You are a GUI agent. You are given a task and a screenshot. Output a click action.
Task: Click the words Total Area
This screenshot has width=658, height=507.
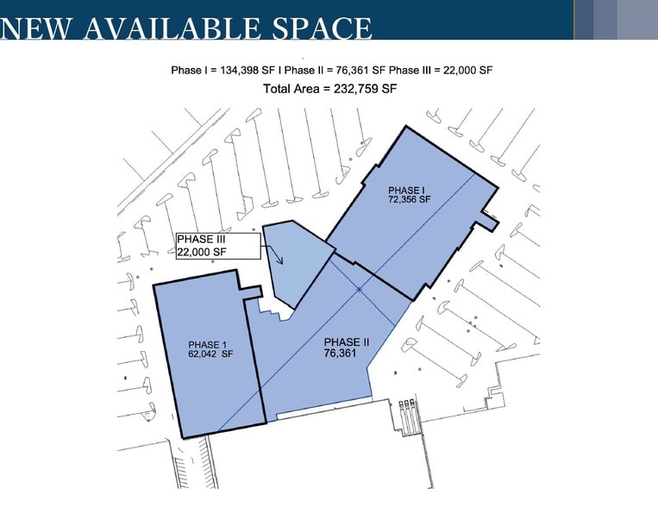(294, 88)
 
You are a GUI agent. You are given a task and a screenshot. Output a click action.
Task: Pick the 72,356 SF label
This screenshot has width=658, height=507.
(409, 200)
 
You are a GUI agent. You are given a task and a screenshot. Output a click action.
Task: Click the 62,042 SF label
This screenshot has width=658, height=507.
(210, 354)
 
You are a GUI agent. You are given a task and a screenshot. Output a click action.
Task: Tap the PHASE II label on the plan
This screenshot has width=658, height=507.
(347, 342)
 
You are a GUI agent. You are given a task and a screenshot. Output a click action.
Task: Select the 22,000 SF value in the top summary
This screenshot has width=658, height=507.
(460, 70)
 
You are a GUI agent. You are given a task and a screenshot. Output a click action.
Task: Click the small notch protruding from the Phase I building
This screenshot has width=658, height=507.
(489, 222)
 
